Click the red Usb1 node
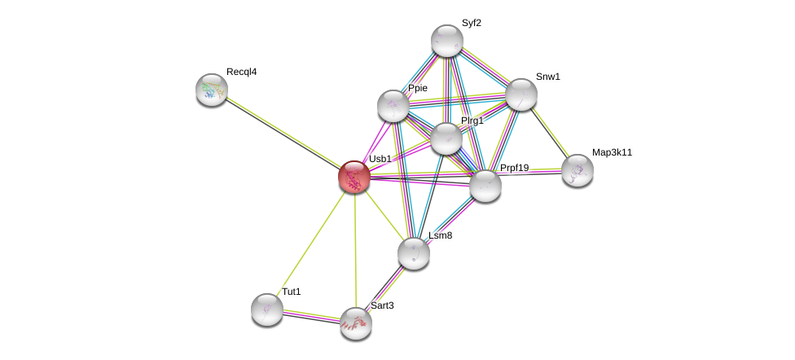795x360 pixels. pos(354,177)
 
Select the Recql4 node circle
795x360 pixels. pos(212,90)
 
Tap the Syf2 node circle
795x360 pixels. pos(447,41)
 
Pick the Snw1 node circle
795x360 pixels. pos(521,94)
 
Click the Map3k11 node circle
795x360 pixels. pos(578,170)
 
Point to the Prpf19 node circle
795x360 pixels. pos(485,185)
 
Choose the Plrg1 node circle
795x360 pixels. pos(446,138)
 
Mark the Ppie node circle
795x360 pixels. pos(393,106)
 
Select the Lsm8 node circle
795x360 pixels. pos(414,252)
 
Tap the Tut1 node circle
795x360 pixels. pos(267,310)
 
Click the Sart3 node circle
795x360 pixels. pos(356,323)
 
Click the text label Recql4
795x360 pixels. pos(241,72)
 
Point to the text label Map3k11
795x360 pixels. pos(612,152)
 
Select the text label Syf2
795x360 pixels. pos(471,23)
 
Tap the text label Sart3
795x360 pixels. pos(382,305)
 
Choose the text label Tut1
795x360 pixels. pos(292,292)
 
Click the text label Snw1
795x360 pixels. pos(547,77)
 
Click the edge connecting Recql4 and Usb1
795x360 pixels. pos(283,133)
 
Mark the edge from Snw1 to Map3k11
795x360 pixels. pos(549,132)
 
